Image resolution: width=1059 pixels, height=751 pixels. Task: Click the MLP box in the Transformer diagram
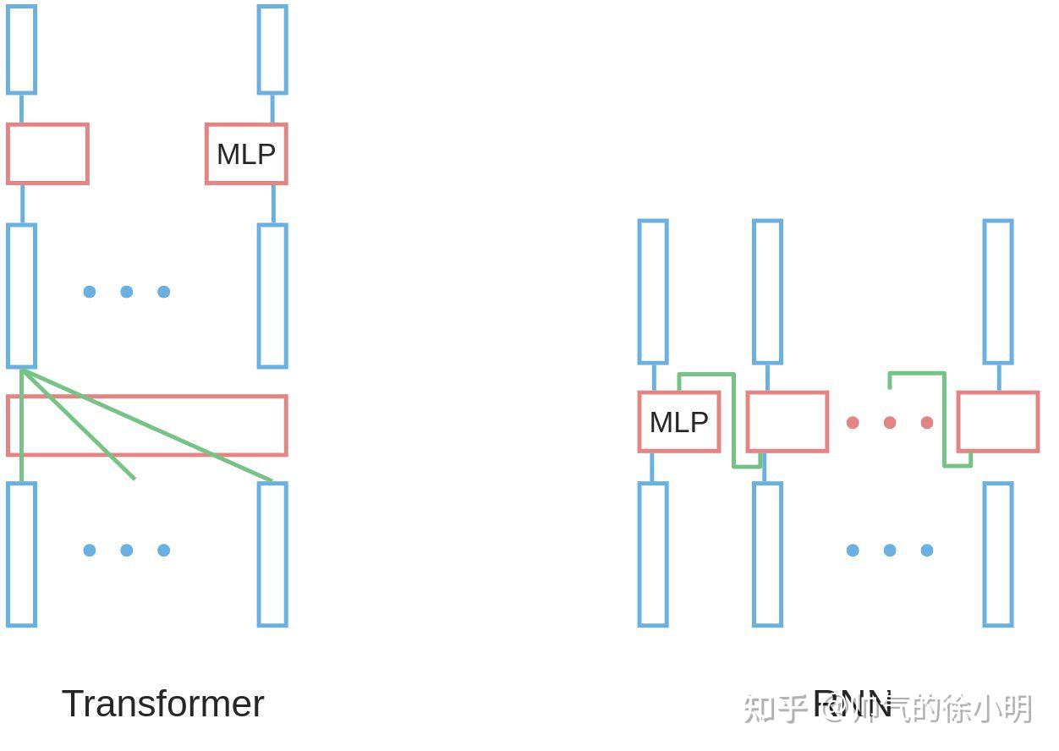pos(246,154)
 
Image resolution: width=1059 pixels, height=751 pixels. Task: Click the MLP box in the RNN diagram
pos(679,421)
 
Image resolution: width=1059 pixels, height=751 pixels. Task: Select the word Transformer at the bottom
pos(162,704)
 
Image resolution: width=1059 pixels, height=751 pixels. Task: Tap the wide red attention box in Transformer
pos(147,425)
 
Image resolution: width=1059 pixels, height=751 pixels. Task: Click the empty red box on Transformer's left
pos(47,154)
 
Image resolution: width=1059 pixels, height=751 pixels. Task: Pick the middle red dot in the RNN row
pos(890,422)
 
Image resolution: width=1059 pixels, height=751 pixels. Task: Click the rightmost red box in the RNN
pos(998,421)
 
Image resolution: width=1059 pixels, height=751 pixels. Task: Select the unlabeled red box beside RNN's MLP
pos(787,421)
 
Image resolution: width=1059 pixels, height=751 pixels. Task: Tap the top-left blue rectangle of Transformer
pos(21,49)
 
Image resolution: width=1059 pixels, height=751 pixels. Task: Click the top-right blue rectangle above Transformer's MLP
pos(272,49)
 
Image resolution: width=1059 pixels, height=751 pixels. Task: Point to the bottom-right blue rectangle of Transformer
pos(272,554)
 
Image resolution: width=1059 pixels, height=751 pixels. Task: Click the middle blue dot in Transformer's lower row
pos(127,551)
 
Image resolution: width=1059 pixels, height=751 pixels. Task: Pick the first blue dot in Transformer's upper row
pos(90,292)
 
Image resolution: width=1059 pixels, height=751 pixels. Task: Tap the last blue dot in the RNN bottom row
pos(927,551)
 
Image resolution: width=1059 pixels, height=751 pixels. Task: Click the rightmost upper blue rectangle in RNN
pos(998,292)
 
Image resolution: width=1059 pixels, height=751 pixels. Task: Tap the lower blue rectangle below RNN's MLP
pos(653,554)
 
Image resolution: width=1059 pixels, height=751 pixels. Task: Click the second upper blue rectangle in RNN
pos(767,292)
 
